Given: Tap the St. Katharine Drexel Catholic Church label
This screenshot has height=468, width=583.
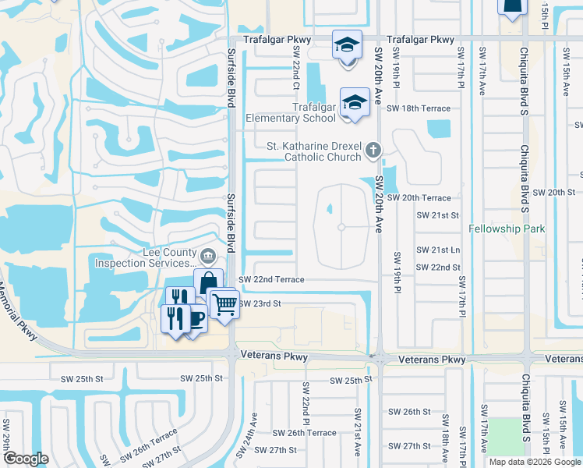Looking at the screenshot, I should pyautogui.click(x=314, y=151).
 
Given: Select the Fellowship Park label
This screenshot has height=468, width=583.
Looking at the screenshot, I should pyautogui.click(x=507, y=229).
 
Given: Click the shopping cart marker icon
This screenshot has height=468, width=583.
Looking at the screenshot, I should pyautogui.click(x=224, y=303).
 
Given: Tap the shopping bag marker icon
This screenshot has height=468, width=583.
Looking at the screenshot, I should pyautogui.click(x=208, y=282).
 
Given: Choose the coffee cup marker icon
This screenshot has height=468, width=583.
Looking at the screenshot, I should pyautogui.click(x=194, y=319).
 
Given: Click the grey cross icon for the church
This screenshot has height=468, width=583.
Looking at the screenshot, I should pyautogui.click(x=373, y=150).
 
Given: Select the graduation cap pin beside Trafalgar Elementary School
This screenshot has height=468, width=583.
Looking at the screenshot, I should pyautogui.click(x=354, y=103).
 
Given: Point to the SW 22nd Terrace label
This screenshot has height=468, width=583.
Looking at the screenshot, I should pyautogui.click(x=270, y=279).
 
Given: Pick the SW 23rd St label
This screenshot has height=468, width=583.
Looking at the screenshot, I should pyautogui.click(x=259, y=303).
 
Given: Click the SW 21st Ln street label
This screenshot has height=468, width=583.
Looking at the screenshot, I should pyautogui.click(x=439, y=250).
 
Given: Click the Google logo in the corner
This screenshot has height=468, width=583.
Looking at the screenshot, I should pyautogui.click(x=26, y=459).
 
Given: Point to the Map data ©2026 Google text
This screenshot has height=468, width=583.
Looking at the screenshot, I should pyautogui.click(x=534, y=462).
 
